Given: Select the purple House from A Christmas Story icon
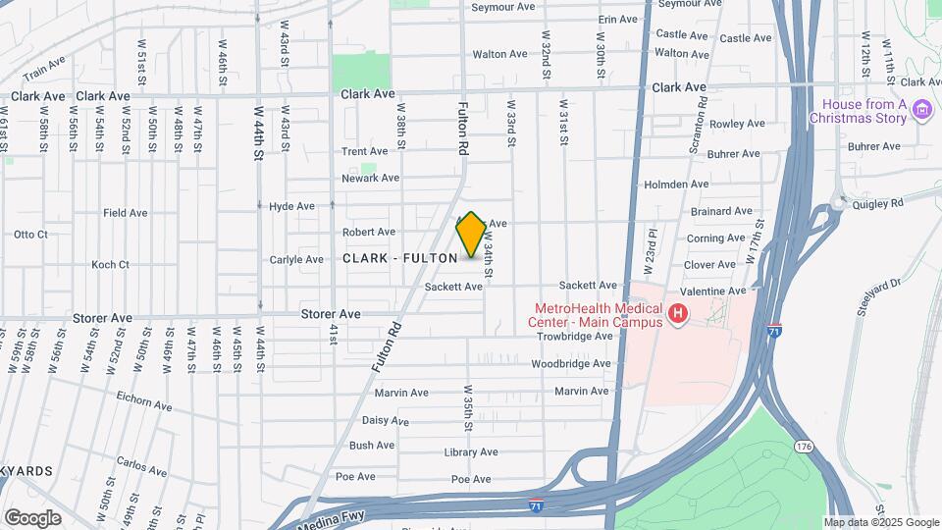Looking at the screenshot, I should pyautogui.click(x=921, y=109).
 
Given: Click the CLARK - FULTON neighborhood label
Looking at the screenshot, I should pyautogui.click(x=400, y=258).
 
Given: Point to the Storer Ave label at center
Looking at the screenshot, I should pyautogui.click(x=331, y=314).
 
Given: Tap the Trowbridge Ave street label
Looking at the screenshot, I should pyautogui.click(x=574, y=336).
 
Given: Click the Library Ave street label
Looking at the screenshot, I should pyautogui.click(x=471, y=452).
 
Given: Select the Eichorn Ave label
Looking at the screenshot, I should pyautogui.click(x=142, y=404).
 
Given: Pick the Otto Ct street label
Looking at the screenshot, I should pyautogui.click(x=30, y=235).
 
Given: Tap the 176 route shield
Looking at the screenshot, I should pyautogui.click(x=805, y=447).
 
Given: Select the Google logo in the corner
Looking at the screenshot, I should pyautogui.click(x=32, y=518).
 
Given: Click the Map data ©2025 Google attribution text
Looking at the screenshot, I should pyautogui.click(x=881, y=523).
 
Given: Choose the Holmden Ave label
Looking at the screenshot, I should pyautogui.click(x=676, y=184).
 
